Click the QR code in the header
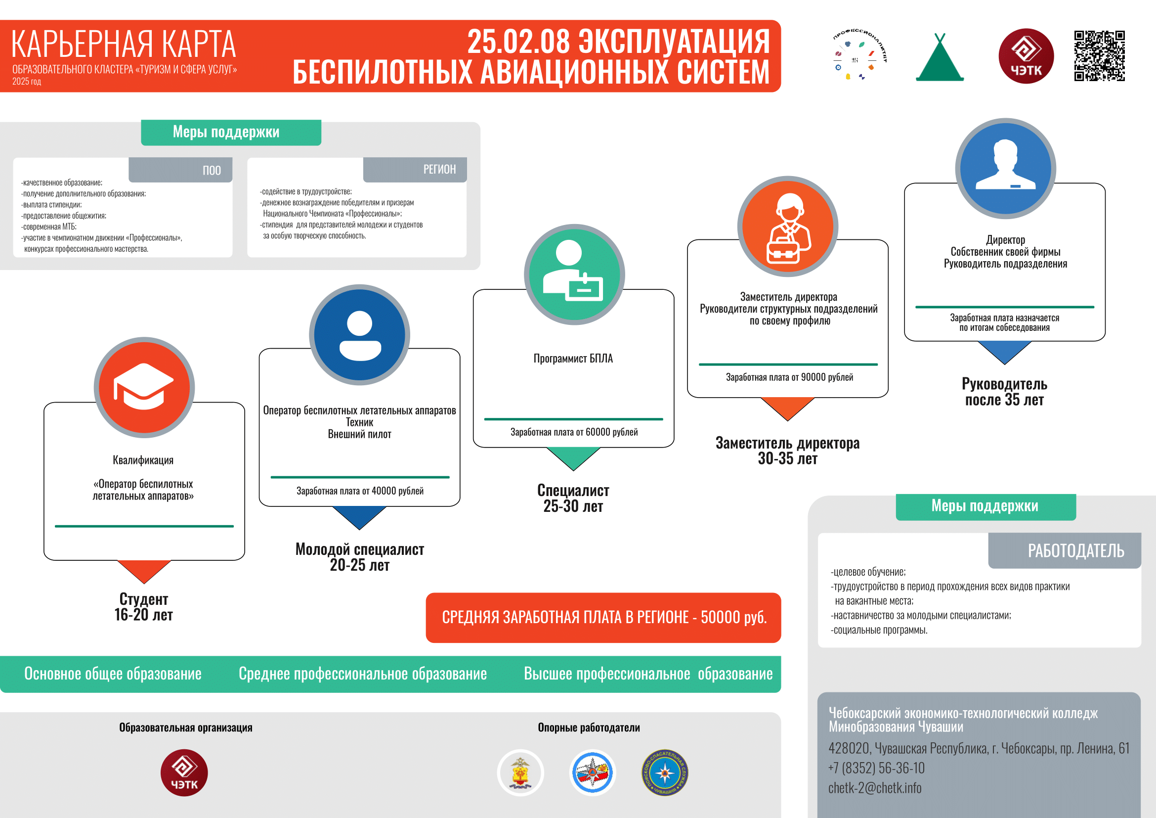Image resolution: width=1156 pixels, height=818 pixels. click(x=1099, y=56)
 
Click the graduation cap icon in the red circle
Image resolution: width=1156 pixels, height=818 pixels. click(x=144, y=387)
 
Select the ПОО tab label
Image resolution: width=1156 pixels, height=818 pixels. click(x=212, y=170)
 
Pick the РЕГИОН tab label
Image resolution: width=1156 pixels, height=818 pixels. click(x=439, y=169)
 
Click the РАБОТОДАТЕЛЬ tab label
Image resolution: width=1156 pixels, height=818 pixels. click(x=1076, y=550)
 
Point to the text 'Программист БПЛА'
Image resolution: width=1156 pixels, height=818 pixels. click(x=573, y=358)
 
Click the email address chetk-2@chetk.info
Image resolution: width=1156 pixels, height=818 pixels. click(x=875, y=788)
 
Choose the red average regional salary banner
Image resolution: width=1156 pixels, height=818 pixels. click(x=603, y=618)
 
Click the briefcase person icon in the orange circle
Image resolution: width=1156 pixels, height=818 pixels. click(x=788, y=228)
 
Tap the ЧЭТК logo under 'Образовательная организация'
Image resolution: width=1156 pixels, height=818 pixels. click(x=184, y=773)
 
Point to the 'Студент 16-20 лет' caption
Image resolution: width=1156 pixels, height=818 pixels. click(x=144, y=607)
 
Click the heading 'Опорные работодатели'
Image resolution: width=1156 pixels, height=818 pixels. click(x=589, y=727)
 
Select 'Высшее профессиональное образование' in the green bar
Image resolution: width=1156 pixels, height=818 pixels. click(x=648, y=674)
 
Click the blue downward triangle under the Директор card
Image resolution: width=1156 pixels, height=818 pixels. click(x=1004, y=352)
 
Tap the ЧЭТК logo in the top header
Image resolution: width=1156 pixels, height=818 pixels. click(x=1026, y=56)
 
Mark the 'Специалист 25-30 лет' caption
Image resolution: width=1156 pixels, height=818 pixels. click(x=573, y=498)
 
